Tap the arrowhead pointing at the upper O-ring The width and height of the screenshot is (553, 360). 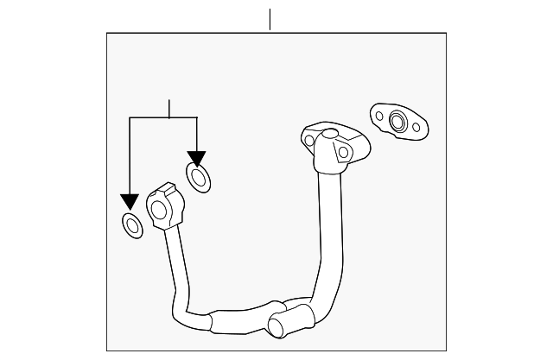tap(197, 159)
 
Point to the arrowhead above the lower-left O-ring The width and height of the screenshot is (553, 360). tap(130, 201)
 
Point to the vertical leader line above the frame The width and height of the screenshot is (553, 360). tap(270, 20)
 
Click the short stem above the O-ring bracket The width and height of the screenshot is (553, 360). tap(169, 109)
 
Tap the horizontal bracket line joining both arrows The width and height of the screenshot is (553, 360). tap(163, 118)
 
